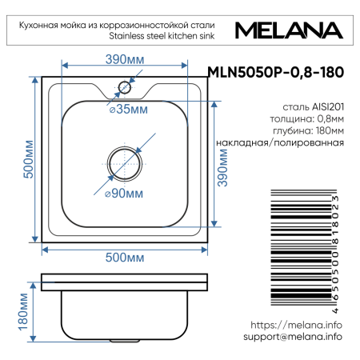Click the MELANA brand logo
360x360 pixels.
tap(290, 31)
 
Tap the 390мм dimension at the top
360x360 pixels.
tap(125, 59)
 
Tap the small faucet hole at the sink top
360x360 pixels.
tap(125, 87)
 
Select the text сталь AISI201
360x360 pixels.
tap(314, 105)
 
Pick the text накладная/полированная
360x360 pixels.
tap(279, 142)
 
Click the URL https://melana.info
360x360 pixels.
tap(296, 325)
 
